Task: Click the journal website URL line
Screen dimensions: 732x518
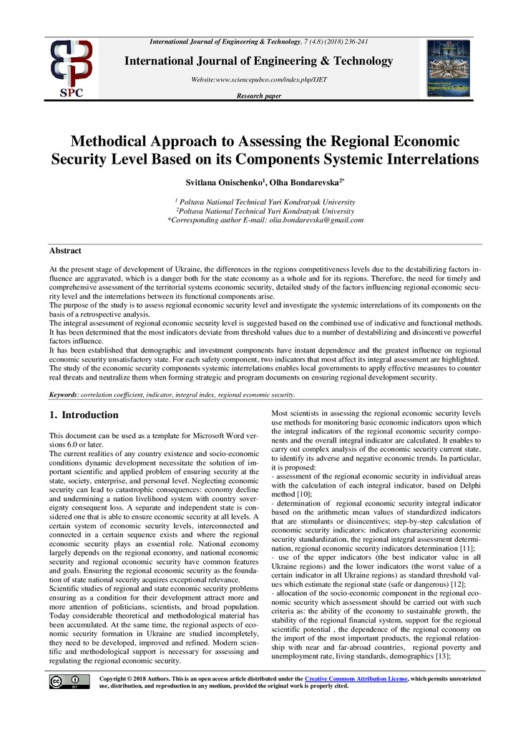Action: click(x=258, y=79)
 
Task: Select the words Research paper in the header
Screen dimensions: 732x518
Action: click(x=258, y=96)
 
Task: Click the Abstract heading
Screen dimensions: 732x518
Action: click(x=65, y=251)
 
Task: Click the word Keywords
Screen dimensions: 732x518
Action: click(x=64, y=395)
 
